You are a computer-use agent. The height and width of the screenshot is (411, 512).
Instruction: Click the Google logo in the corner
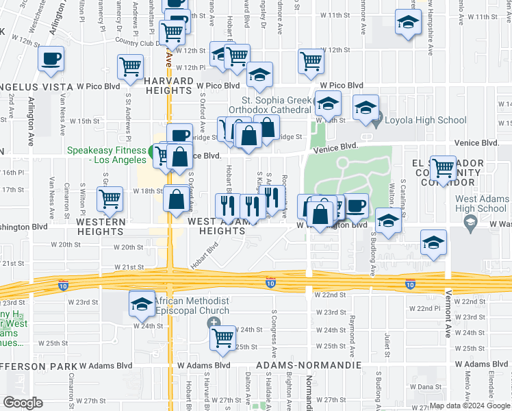tap(23, 402)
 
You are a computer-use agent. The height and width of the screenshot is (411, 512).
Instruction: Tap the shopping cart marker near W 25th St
tap(223, 337)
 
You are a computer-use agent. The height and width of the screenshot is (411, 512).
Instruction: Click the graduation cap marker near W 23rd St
tap(142, 303)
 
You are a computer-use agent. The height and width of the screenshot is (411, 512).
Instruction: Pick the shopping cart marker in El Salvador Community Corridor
tap(443, 166)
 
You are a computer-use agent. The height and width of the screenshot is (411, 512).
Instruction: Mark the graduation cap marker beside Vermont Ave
tap(433, 242)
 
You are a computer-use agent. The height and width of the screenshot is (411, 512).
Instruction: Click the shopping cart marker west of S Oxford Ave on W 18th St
tap(110, 199)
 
